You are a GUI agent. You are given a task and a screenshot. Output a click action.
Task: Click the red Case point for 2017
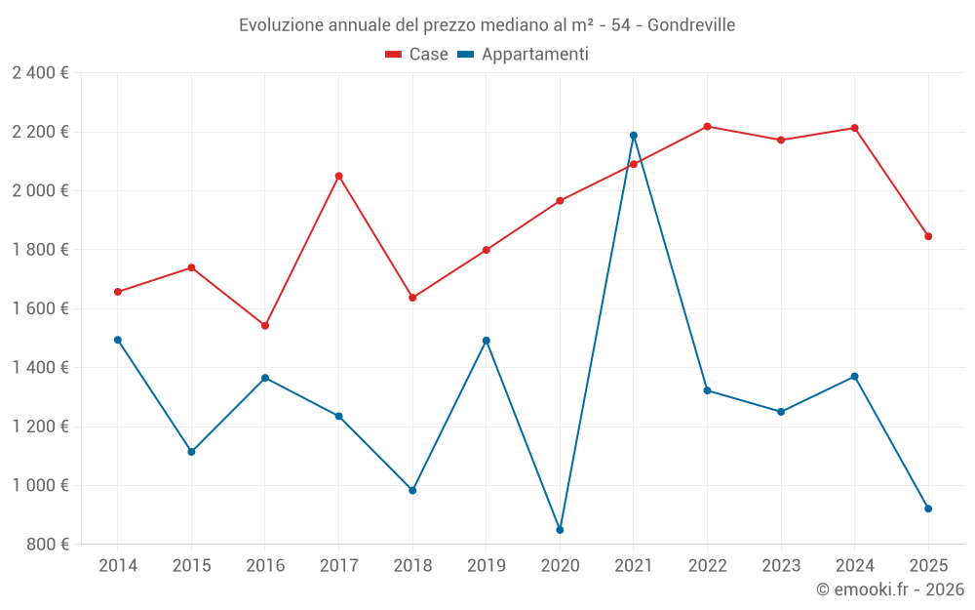click(338, 176)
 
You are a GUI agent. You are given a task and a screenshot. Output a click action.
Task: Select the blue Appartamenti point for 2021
click(634, 136)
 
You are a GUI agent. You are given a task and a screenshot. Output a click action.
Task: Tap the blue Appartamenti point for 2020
click(560, 530)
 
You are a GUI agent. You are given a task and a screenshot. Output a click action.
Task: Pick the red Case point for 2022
click(707, 126)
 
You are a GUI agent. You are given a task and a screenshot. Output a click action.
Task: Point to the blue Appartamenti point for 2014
click(118, 340)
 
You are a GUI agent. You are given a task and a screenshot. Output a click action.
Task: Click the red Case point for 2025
click(928, 236)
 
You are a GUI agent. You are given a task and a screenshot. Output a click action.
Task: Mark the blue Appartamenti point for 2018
click(412, 490)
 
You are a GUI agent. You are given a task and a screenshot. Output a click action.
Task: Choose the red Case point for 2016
click(265, 326)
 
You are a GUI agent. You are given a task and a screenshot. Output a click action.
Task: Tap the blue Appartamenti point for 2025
click(928, 508)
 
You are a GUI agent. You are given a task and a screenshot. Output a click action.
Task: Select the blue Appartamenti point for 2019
click(487, 341)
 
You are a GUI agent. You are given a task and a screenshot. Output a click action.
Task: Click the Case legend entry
click(417, 55)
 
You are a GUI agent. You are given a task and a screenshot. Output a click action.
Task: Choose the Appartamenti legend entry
click(524, 55)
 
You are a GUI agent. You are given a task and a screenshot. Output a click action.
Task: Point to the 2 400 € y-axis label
click(40, 73)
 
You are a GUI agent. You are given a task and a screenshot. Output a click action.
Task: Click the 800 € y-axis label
click(47, 545)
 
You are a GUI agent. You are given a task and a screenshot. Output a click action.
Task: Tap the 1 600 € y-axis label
click(40, 308)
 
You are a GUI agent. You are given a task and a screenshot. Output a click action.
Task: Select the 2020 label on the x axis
click(560, 566)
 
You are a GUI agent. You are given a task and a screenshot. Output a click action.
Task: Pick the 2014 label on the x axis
click(118, 566)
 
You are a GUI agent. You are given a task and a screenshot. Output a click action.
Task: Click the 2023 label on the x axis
click(781, 566)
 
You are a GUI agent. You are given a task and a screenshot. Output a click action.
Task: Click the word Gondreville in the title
click(689, 25)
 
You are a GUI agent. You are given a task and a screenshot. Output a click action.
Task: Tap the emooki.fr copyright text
click(889, 590)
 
